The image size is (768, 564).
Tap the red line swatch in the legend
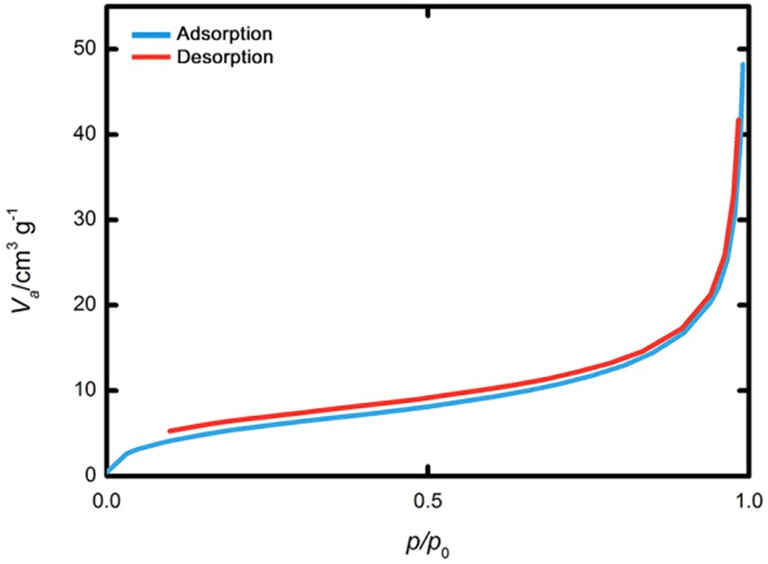tap(149, 57)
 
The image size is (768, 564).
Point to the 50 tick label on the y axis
tap(83, 49)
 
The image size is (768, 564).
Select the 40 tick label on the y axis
tap(83, 134)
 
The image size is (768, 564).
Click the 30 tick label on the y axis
tap(83, 219)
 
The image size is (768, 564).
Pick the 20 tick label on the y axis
tap(83, 304)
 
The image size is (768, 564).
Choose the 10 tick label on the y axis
tap(83, 390)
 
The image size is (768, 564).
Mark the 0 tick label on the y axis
tap(89, 475)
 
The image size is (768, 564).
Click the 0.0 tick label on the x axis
tap(107, 499)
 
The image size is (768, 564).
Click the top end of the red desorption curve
tap(738, 120)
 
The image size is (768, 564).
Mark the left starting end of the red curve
tap(171, 431)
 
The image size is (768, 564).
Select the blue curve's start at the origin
tap(108, 473)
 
